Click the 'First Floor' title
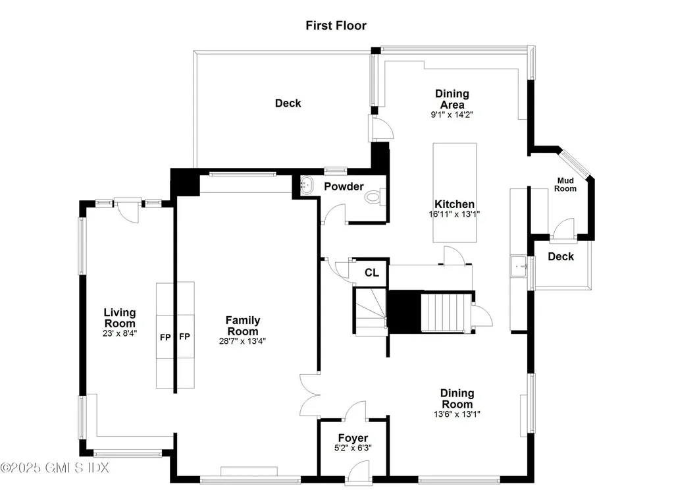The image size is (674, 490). click(x=336, y=26)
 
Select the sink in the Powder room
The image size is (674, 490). click(x=307, y=186)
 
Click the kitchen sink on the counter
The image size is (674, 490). click(x=518, y=267)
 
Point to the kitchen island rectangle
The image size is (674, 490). click(x=454, y=192)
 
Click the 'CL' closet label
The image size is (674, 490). click(x=372, y=273)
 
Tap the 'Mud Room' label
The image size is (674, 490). click(x=566, y=184)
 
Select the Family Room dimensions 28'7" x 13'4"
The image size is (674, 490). click(x=244, y=341)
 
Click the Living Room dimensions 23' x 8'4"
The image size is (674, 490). click(x=119, y=333)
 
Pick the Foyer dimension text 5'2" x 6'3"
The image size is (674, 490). click(x=353, y=449)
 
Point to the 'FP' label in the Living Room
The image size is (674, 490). click(x=165, y=337)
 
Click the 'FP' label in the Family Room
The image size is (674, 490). click(x=185, y=337)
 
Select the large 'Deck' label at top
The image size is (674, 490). click(x=288, y=103)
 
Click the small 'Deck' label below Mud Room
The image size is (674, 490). click(x=561, y=257)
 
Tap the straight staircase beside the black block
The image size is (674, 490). click(x=446, y=313)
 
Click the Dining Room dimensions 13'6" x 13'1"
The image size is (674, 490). click(x=457, y=414)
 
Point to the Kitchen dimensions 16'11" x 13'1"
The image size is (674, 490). click(x=454, y=214)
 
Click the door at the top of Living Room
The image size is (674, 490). click(x=127, y=211)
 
